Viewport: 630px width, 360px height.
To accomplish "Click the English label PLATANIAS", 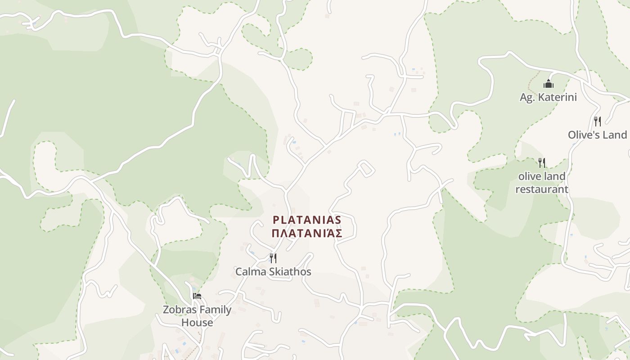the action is coord(307,220).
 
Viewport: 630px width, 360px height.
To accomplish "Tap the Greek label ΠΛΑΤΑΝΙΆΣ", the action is coord(307,233).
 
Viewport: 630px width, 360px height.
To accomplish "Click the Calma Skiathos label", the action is coord(273,272).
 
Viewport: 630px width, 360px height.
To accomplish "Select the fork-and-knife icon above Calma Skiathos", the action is coord(273,258).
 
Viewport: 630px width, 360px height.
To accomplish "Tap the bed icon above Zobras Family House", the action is coord(197,296).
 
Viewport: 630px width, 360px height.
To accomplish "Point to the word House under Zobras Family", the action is coord(197,323).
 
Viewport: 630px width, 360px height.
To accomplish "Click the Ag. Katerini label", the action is coord(548,97).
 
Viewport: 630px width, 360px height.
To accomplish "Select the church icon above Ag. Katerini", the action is coord(548,84).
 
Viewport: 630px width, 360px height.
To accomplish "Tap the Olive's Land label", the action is coord(597,135).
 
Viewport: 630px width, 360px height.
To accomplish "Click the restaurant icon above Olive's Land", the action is coord(597,121).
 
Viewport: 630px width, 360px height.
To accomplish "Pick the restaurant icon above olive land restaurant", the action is coord(542,162).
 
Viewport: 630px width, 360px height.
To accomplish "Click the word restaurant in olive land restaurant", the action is coord(542,189).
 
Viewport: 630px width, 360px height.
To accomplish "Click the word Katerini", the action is coord(558,97).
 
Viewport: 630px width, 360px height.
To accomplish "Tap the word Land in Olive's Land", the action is coord(616,135).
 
